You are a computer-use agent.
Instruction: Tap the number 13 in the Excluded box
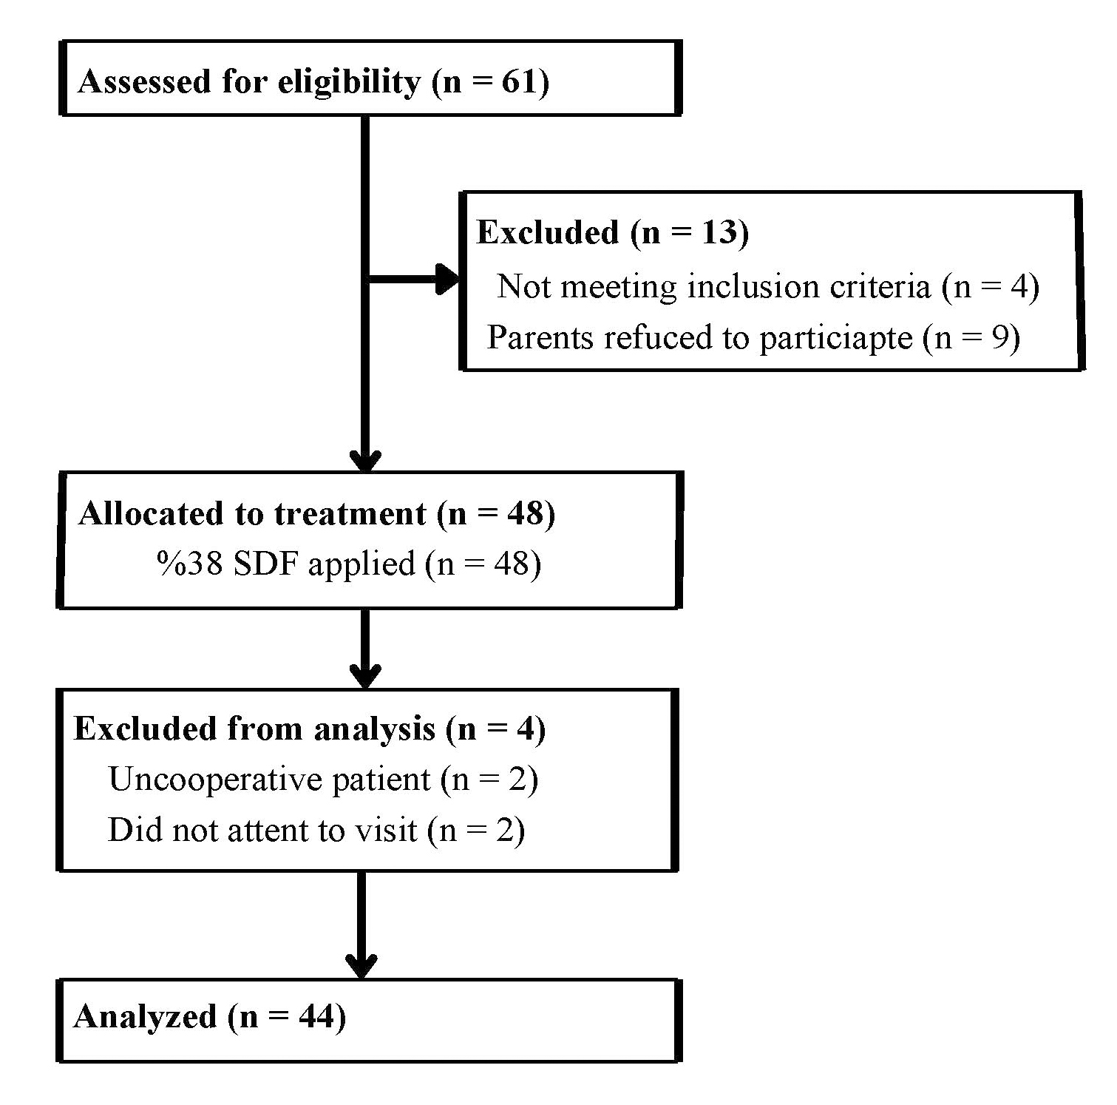tap(719, 232)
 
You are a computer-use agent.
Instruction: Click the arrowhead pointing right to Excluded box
tap(447, 280)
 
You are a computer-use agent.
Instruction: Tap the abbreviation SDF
tap(267, 564)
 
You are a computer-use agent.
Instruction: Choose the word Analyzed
tap(145, 1018)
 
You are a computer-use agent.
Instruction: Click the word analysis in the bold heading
tap(374, 730)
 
